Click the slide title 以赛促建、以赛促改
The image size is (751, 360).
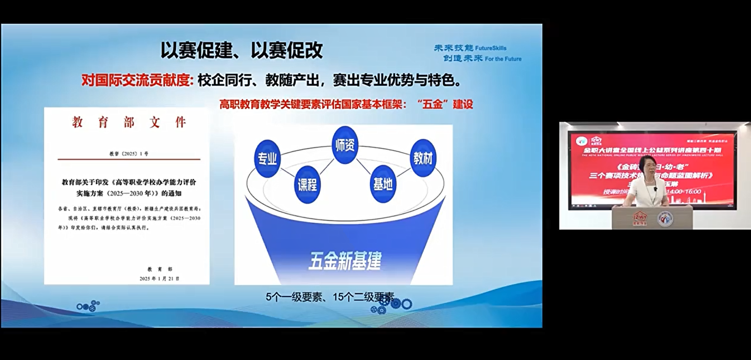point(241,50)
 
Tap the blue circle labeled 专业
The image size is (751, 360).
point(267,158)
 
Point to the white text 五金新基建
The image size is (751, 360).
point(344,261)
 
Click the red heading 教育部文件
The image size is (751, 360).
point(129,122)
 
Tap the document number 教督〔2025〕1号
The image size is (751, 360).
point(129,154)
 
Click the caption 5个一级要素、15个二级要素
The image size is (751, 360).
point(330,297)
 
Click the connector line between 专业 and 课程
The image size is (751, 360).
point(287,171)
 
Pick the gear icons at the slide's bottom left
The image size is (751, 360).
point(88,306)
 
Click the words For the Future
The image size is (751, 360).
point(503,59)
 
